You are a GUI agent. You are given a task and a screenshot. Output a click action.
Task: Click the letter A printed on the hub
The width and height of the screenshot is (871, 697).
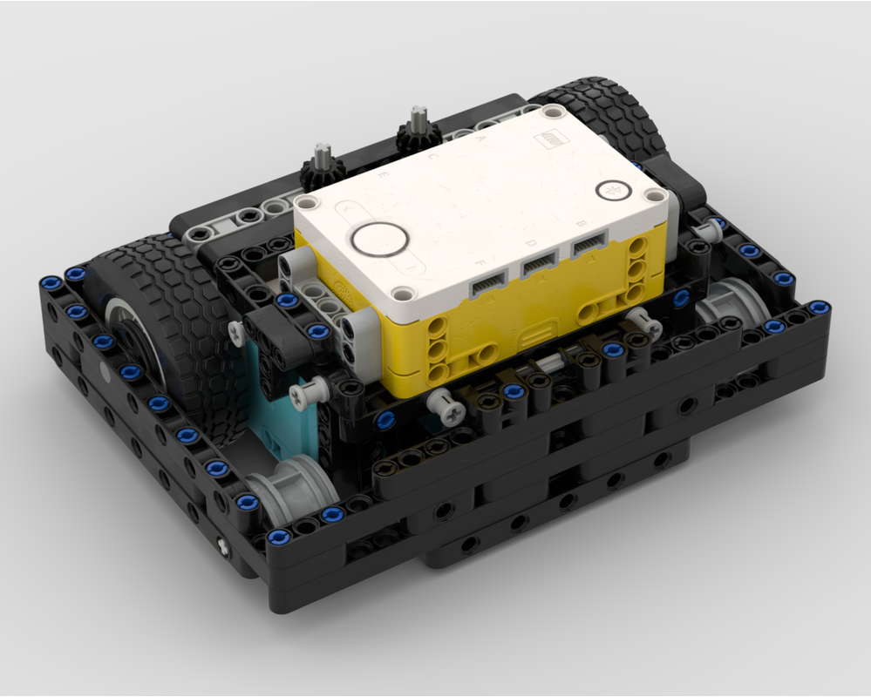[x=482, y=139]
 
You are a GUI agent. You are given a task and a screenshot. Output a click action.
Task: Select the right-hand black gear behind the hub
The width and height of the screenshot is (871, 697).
[x=416, y=131]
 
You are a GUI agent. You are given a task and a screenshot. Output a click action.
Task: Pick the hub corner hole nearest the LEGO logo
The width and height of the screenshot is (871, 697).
[x=550, y=112]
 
